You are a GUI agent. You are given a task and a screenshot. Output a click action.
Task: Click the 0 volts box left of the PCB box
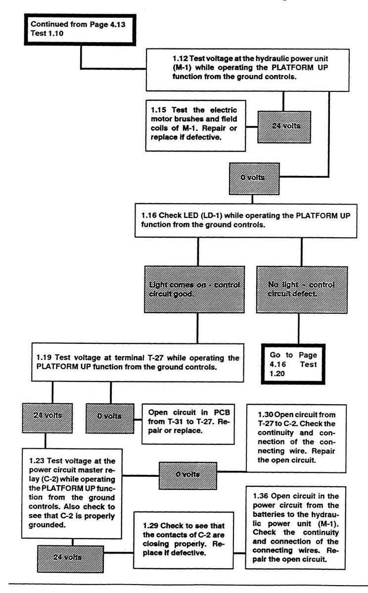[110, 416]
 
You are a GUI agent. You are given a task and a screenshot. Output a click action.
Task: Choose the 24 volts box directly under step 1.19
[45, 416]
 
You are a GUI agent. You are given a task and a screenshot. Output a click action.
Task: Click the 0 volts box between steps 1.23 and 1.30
[188, 475]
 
